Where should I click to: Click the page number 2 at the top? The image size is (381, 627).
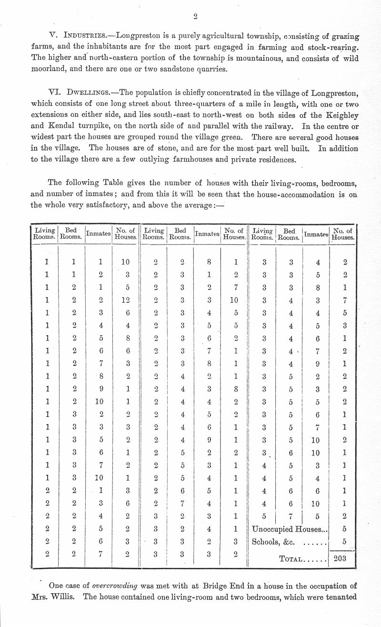[x=195, y=16]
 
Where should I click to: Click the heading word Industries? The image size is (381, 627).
[x=81, y=36]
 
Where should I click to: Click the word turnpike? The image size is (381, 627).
[x=100, y=126]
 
